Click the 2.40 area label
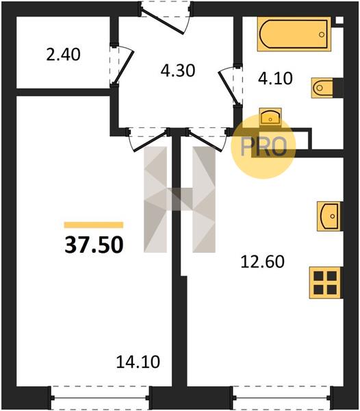coord(63,55)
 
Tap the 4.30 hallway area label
coord(178,71)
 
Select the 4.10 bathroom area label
coord(275,78)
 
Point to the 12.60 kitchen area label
coord(262,262)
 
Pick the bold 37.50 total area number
coord(94,245)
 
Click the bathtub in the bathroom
coord(294,34)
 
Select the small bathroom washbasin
coord(270,117)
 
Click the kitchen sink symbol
coord(329,216)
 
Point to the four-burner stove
coord(326,282)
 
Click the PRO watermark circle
coord(263,147)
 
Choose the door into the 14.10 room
coord(149,140)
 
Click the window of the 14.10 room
coord(100,398)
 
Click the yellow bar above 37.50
coord(94,225)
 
